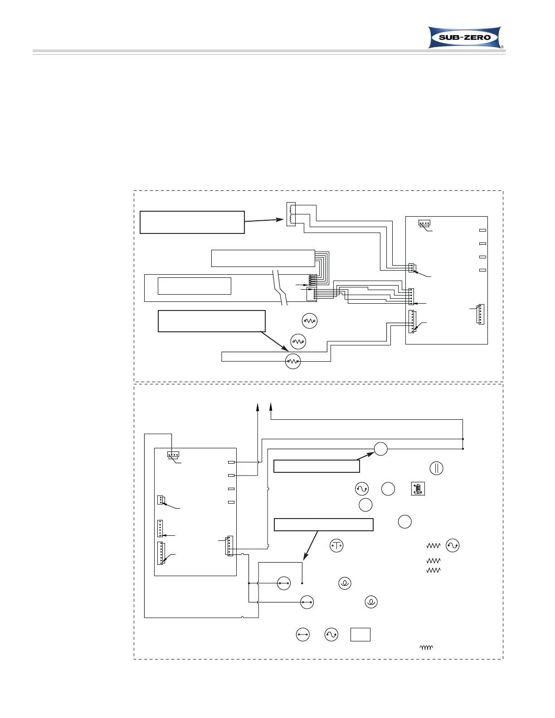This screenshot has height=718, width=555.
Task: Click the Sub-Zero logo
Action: pos(465,37)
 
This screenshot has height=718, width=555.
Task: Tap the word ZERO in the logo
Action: pos(477,38)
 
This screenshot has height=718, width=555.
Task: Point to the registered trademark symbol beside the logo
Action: pos(502,47)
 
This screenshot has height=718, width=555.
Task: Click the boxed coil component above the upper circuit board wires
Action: pos(291,214)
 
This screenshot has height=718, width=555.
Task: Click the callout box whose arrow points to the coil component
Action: pos(192,222)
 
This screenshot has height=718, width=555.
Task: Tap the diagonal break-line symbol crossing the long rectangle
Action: pos(280,287)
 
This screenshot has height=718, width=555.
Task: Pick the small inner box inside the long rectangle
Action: pos(195,286)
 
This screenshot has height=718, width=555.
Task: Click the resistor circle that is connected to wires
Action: pos(293,361)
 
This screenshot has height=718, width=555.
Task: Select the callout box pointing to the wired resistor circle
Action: pos(211,321)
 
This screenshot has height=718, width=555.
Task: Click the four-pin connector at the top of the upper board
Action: pos(424,223)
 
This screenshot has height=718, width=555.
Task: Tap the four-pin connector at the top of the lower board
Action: pos(173,454)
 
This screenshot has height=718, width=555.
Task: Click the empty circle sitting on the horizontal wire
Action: pos(381,449)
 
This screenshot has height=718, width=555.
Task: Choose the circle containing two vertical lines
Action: pos(436,468)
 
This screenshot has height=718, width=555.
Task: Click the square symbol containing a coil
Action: pos(418,489)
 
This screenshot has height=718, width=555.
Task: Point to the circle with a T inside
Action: pos(336,545)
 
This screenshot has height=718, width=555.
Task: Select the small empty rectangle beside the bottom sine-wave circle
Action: pos(360,635)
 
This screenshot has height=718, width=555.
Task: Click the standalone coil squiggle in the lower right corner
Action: pos(426,648)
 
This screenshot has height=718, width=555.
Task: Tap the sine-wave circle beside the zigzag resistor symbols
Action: pos(453,545)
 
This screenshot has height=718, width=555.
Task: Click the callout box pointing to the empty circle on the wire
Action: pos(316,466)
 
